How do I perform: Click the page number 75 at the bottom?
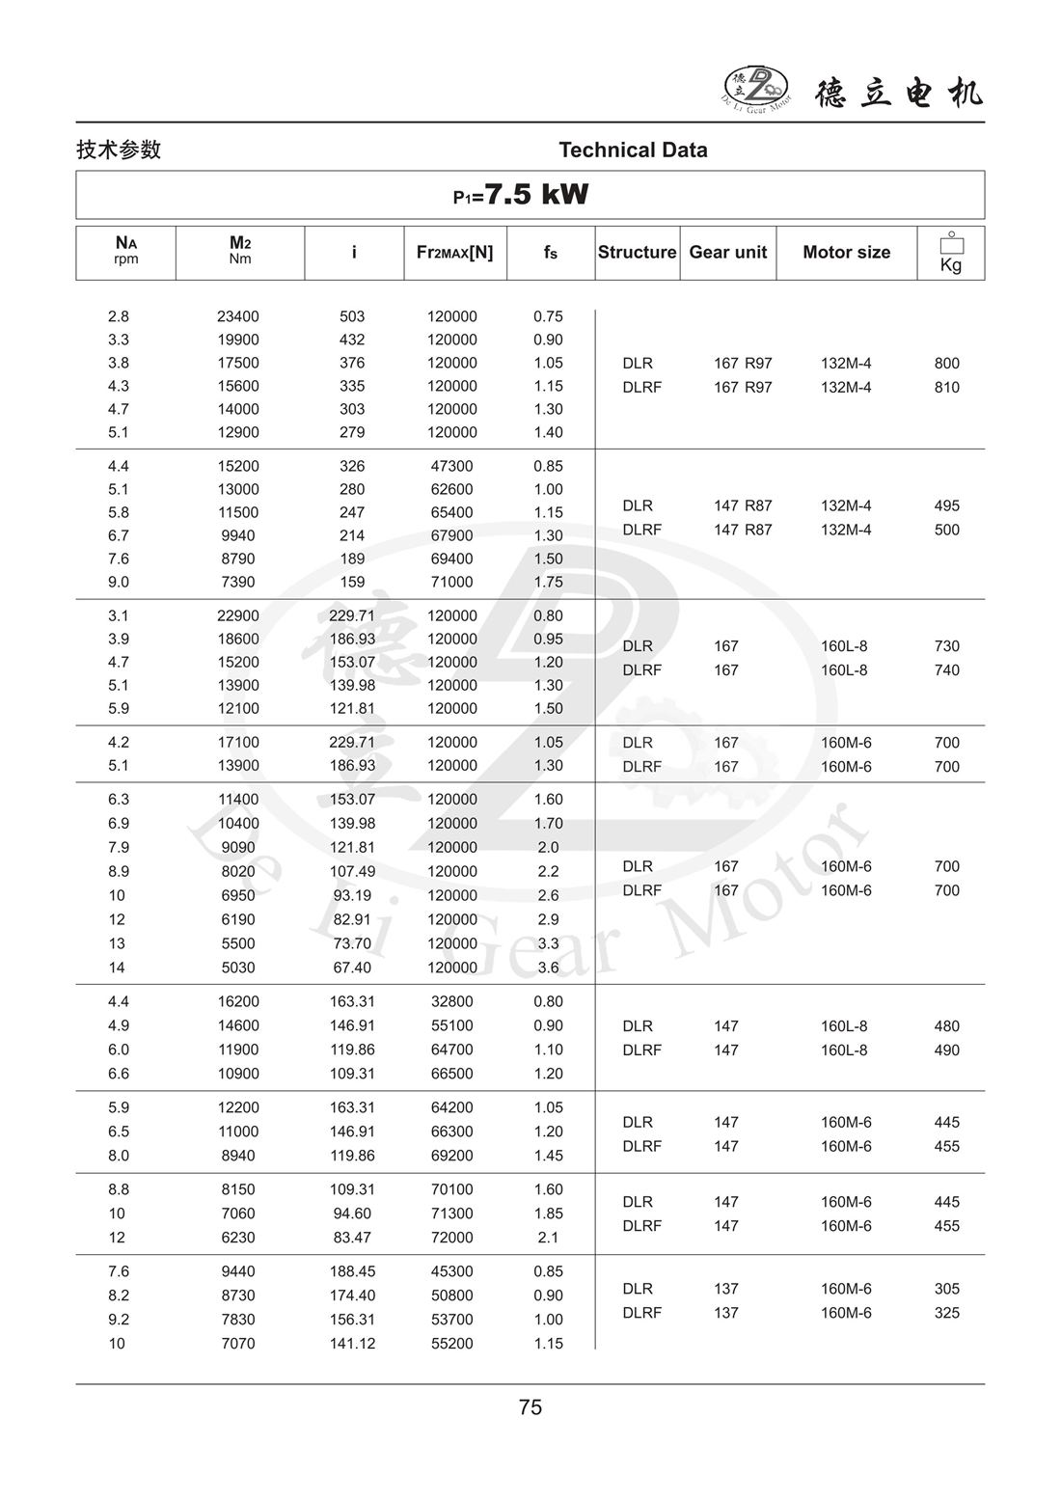click(x=530, y=1407)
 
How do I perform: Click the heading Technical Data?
click(x=633, y=150)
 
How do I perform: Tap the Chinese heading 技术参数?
click(x=119, y=150)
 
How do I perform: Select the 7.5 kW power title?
click(x=522, y=195)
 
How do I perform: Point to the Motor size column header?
click(x=846, y=253)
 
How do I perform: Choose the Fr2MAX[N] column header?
click(x=454, y=253)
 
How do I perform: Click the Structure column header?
click(x=637, y=253)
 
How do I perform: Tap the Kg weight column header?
click(x=950, y=254)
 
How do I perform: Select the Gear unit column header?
click(x=727, y=253)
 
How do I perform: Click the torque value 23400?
click(x=238, y=316)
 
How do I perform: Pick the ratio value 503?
click(x=352, y=316)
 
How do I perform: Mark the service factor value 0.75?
click(x=548, y=316)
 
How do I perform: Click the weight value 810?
click(x=946, y=388)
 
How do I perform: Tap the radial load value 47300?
click(x=451, y=466)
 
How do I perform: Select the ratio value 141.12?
click(x=352, y=1344)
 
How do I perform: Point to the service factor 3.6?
click(x=548, y=968)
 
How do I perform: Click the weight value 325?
click(x=946, y=1313)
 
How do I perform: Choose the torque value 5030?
click(x=238, y=968)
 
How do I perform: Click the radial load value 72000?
click(x=451, y=1238)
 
